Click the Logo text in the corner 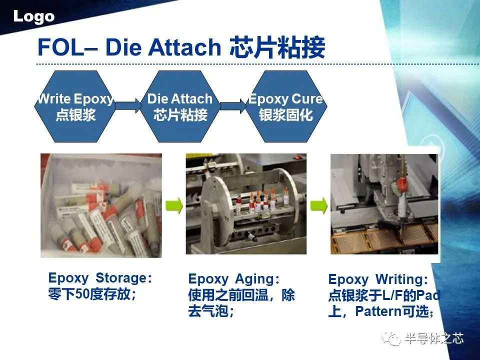coord(33,17)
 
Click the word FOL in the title coord(60,47)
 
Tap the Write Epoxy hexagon coord(74,106)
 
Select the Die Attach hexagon coord(180,106)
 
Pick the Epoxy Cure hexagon coord(286,106)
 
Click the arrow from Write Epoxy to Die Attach coord(128,106)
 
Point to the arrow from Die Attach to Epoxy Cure coord(233,106)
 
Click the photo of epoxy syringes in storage coord(101,205)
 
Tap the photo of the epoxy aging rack coord(246,204)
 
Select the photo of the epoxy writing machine coord(384,204)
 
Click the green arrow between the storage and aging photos coord(174,205)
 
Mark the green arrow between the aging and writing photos coord(318,205)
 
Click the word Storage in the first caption coord(121,278)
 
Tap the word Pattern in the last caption coord(378,311)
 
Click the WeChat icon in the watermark coord(391,339)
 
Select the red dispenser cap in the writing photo coord(402,184)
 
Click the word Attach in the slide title coord(184,47)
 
